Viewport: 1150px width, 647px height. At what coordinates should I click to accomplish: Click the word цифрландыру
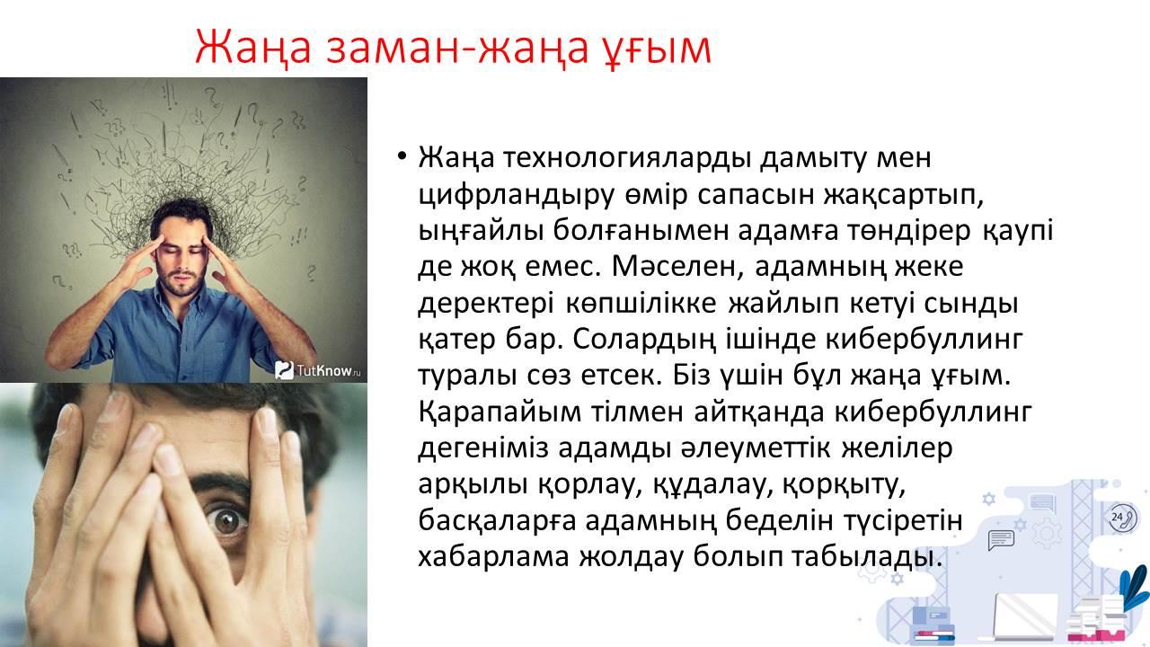pos(516,195)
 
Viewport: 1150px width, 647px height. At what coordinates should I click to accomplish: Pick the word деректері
pos(486,304)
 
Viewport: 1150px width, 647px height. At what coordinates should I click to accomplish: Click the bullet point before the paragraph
pos(402,155)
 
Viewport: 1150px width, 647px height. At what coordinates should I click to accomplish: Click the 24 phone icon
pos(1122,518)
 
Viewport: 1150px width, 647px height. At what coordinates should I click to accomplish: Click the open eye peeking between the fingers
pos(228,523)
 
